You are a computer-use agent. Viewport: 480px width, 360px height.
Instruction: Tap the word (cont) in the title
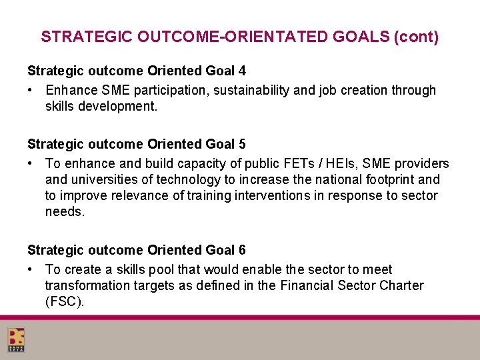tap(416, 37)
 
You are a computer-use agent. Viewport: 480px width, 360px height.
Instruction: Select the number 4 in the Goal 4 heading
tap(241, 70)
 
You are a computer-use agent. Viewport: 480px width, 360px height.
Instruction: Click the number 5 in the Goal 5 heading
tap(241, 143)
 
